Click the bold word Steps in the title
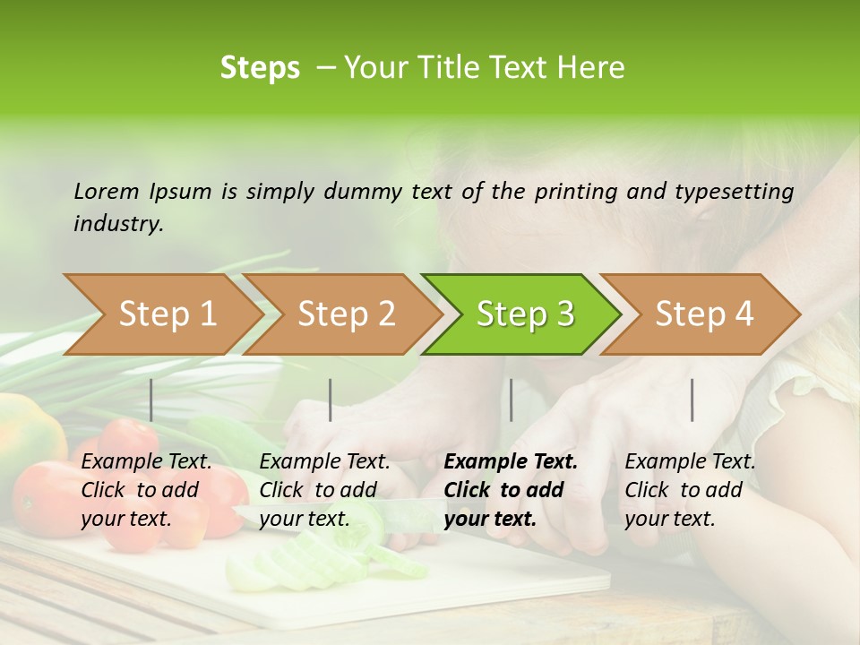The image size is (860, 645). pyautogui.click(x=260, y=68)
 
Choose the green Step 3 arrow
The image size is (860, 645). pyautogui.click(x=525, y=314)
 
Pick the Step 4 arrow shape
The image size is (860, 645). pyautogui.click(x=704, y=314)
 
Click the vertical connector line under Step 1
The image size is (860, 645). pyautogui.click(x=151, y=400)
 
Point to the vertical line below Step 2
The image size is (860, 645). pyautogui.click(x=331, y=400)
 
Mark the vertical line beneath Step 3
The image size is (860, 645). pyautogui.click(x=511, y=400)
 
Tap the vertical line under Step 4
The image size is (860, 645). pyautogui.click(x=692, y=400)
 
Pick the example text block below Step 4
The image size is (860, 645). pyautogui.click(x=690, y=490)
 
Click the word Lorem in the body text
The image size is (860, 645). pyautogui.click(x=107, y=191)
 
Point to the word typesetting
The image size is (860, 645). pyautogui.click(x=741, y=192)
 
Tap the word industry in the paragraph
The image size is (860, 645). pyautogui.click(x=118, y=224)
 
